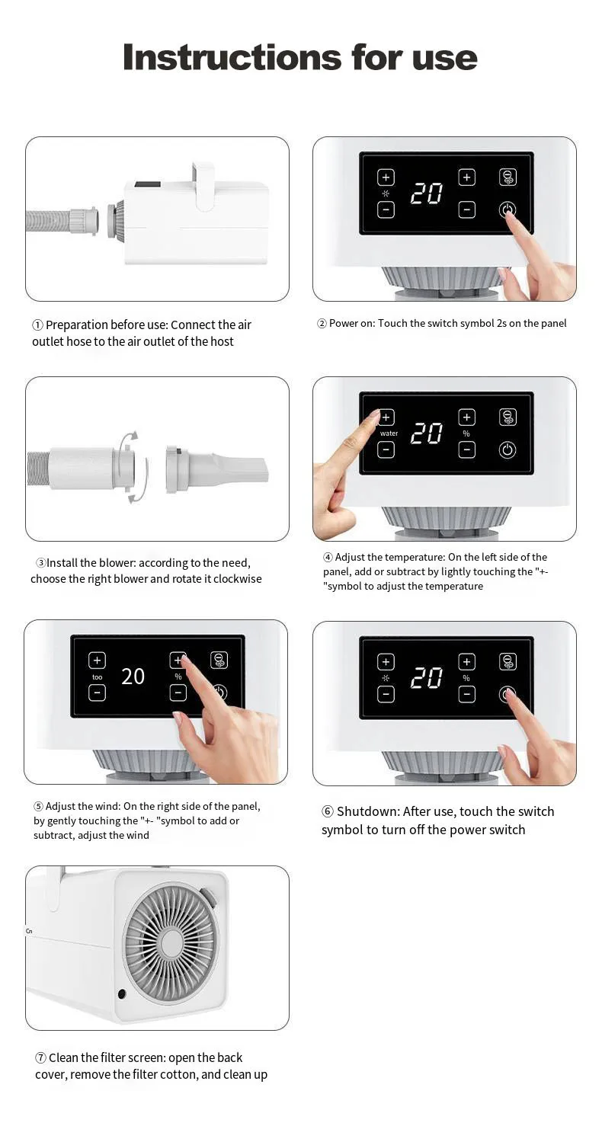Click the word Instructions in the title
[232, 57]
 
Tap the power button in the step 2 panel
[507, 209]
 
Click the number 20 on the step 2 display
[427, 194]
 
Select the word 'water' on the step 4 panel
[389, 433]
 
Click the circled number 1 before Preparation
[37, 325]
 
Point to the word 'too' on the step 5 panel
[97, 677]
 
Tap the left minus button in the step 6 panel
[386, 694]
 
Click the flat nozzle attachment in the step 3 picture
[216, 469]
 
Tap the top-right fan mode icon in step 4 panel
[508, 417]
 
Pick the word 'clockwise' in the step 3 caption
[238, 578]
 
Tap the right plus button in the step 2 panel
[466, 177]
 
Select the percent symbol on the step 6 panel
[466, 678]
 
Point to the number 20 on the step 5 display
[133, 677]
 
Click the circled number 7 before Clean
[40, 1057]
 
